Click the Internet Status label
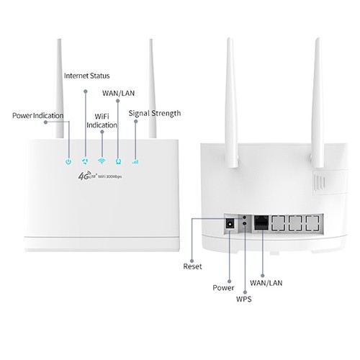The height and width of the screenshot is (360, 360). click(x=91, y=76)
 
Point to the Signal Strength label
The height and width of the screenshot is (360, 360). click(x=154, y=113)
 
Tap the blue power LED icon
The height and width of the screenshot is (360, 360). click(x=67, y=161)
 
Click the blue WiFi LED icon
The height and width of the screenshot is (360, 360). click(x=102, y=161)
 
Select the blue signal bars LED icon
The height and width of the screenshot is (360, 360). click(x=135, y=161)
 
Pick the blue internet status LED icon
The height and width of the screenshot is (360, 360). click(x=84, y=161)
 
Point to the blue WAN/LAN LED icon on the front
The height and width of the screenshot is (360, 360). click(x=118, y=161)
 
